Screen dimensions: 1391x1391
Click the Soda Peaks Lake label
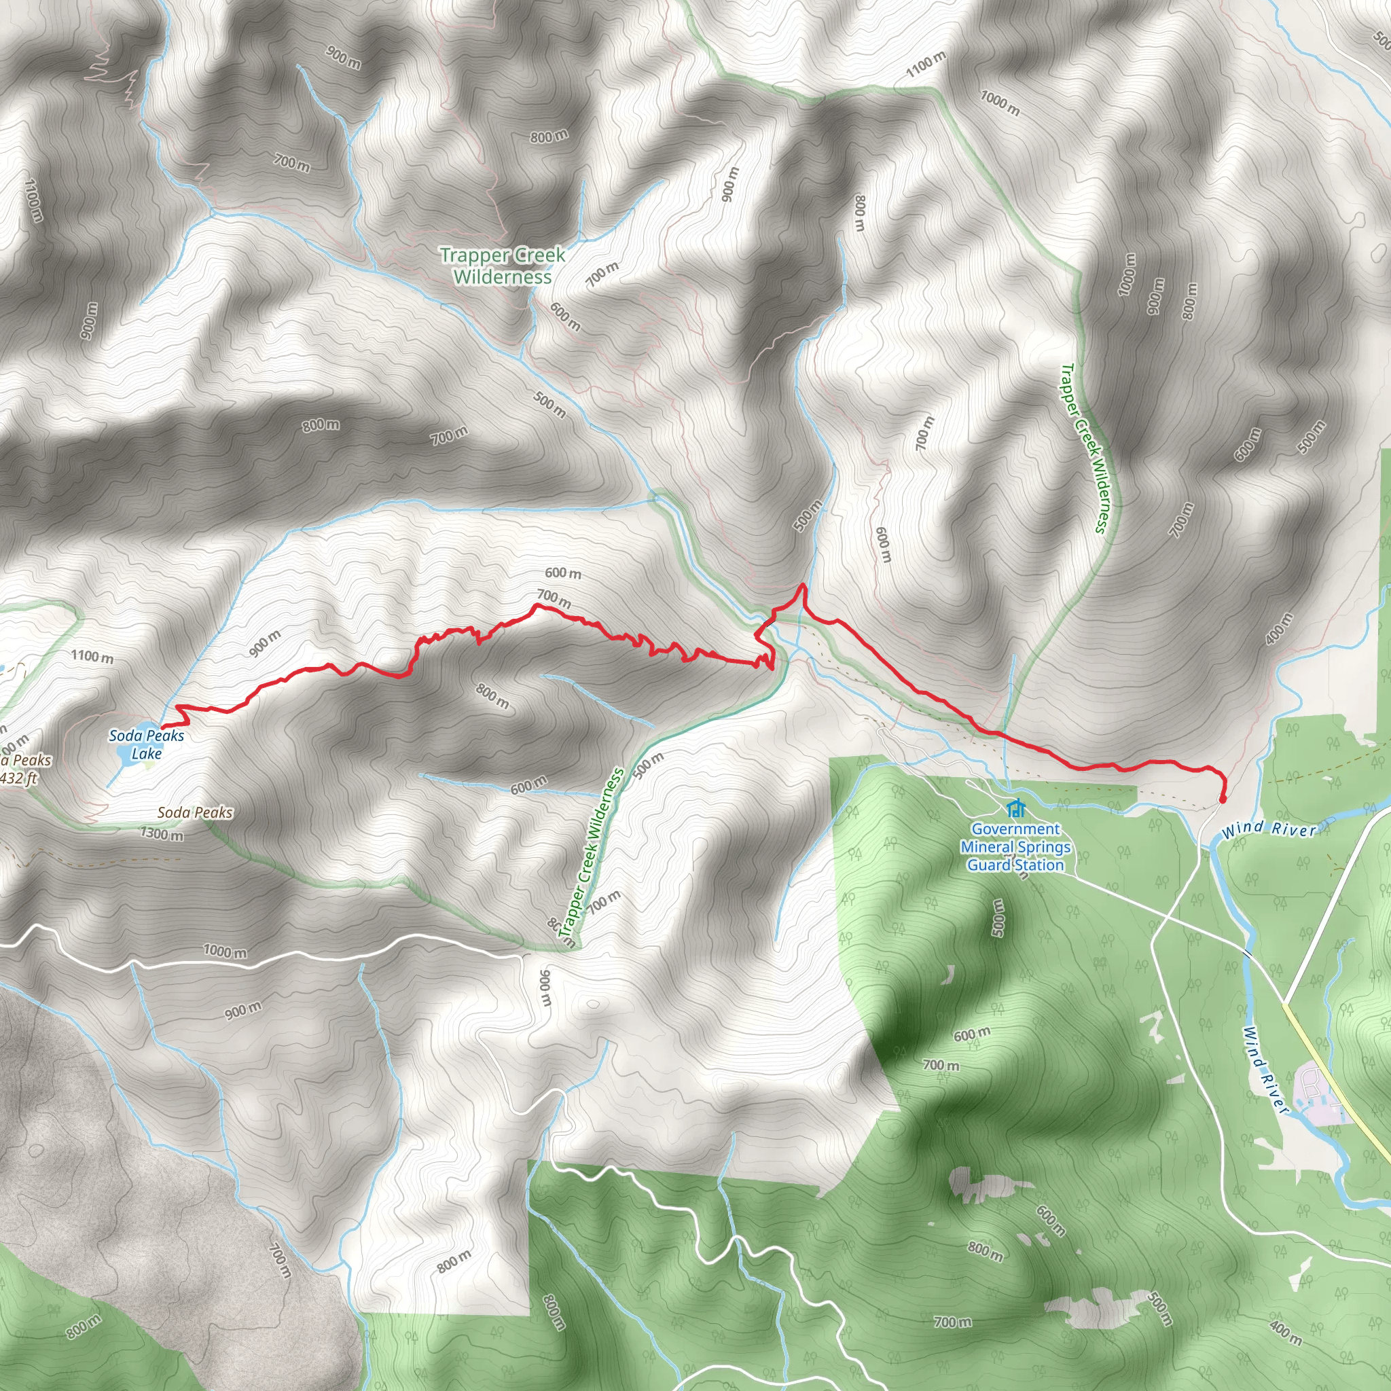[x=146, y=744]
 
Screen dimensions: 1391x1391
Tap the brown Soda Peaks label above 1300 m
[x=195, y=813]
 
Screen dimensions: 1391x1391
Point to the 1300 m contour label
[x=162, y=835]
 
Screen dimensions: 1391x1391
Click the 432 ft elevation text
[x=19, y=778]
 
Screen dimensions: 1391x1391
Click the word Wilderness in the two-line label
[x=503, y=277]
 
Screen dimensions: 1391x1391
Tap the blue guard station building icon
[x=1015, y=808]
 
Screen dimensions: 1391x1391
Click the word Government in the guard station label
[x=1015, y=829]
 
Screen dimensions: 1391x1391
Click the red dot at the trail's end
[x=1223, y=799]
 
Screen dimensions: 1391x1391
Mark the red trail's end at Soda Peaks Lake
[x=161, y=727]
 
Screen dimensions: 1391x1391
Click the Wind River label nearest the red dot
[x=1269, y=829]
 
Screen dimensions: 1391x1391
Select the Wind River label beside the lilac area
[x=1264, y=1070]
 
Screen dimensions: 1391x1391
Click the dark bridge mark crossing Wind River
[x=1246, y=954]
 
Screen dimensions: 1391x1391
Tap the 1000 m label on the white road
[x=225, y=951]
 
